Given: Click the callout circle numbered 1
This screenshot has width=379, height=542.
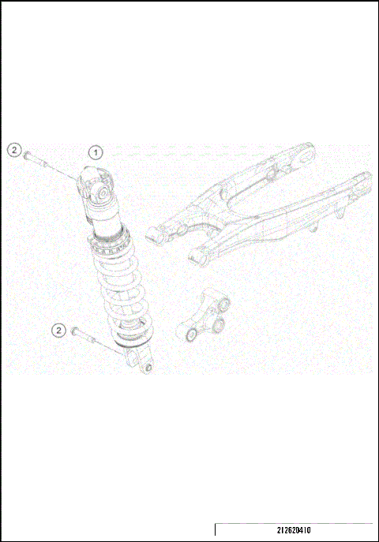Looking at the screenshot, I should (x=96, y=151).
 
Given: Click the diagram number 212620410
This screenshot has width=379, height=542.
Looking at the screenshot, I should (x=293, y=532).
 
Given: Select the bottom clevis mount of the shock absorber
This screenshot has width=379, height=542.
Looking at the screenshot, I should (x=144, y=364).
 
